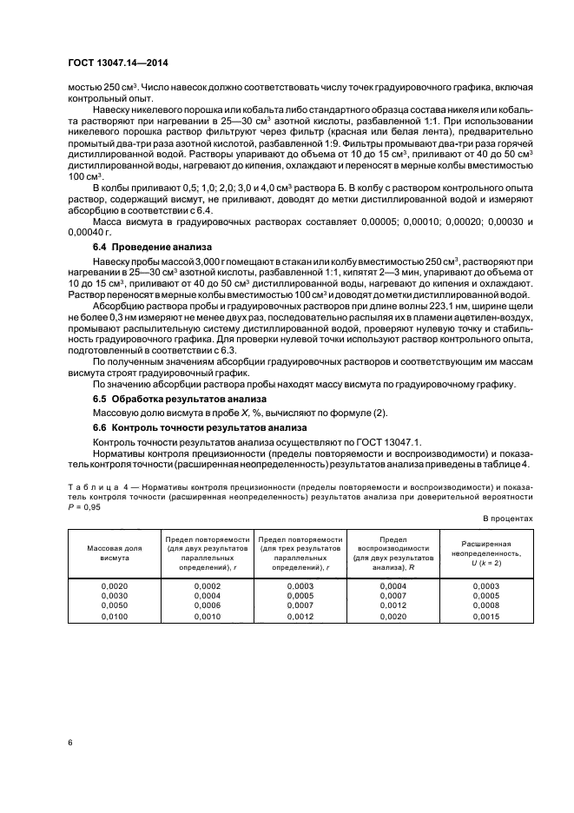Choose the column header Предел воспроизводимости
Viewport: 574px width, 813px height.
391,554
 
